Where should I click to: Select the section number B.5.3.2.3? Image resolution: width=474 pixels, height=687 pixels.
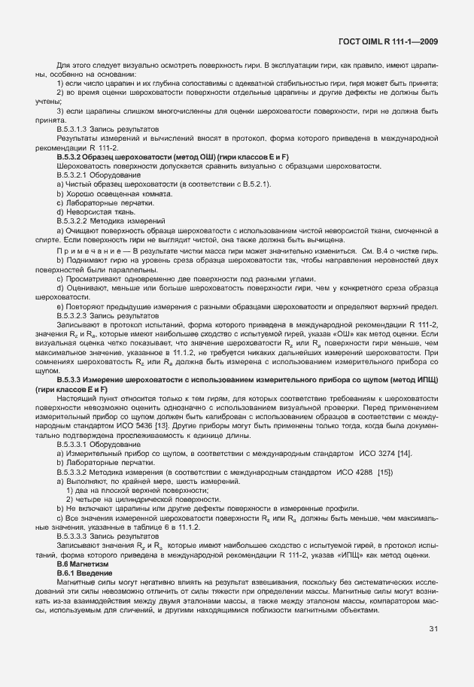click(x=77, y=316)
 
